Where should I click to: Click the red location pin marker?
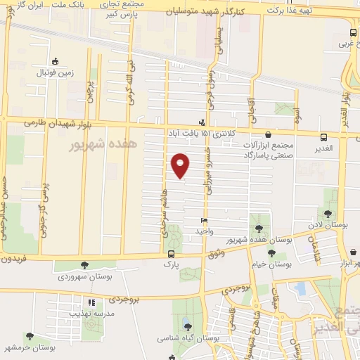point(181,165)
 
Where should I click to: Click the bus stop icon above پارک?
point(171,254)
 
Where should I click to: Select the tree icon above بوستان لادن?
point(328,214)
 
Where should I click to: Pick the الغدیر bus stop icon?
point(323,137)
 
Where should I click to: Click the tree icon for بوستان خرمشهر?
point(30,337)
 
